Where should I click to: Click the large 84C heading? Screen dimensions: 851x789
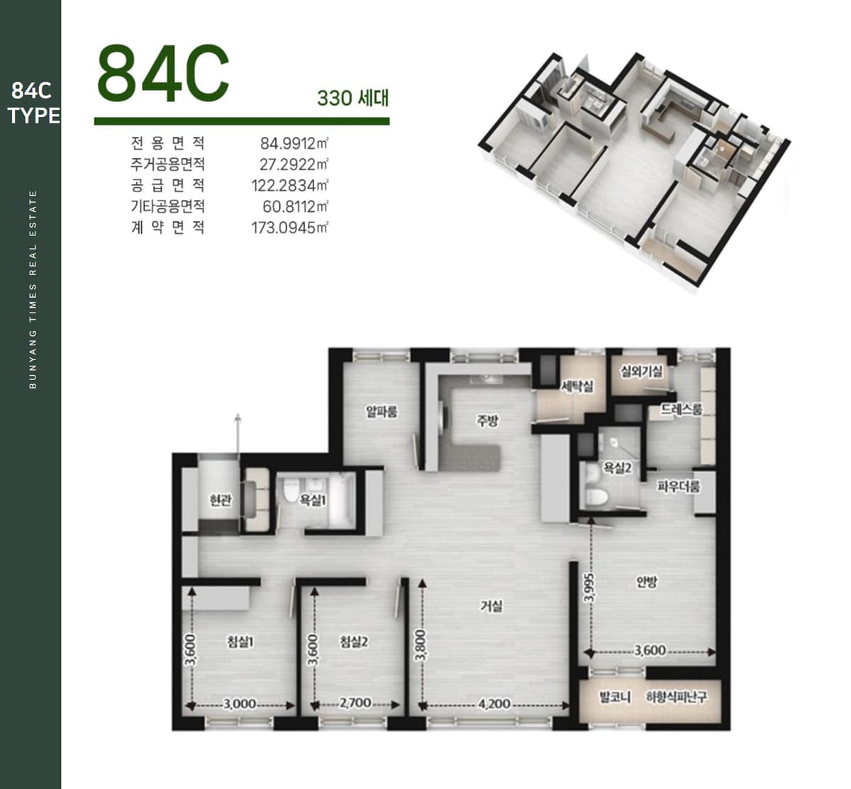pyautogui.click(x=163, y=73)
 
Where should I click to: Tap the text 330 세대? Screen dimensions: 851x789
pyautogui.click(x=353, y=98)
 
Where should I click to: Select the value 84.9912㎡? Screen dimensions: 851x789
pyautogui.click(x=294, y=143)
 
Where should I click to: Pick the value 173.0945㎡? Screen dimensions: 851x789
pyautogui.click(x=289, y=228)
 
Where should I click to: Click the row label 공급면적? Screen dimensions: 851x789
pyautogui.click(x=168, y=186)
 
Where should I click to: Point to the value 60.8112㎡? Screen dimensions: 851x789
pyautogui.click(x=295, y=207)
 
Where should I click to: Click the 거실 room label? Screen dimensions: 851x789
pyautogui.click(x=491, y=605)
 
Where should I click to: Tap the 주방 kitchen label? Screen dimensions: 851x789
pyautogui.click(x=488, y=420)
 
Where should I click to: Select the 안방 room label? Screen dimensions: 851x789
pyautogui.click(x=647, y=582)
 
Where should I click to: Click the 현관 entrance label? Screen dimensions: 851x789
pyautogui.click(x=221, y=500)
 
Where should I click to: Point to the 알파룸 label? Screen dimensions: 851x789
pyautogui.click(x=382, y=412)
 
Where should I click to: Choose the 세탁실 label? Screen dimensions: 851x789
pyautogui.click(x=578, y=386)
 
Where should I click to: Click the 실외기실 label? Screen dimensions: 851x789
pyautogui.click(x=642, y=371)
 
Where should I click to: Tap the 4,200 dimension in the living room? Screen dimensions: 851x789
pyautogui.click(x=494, y=704)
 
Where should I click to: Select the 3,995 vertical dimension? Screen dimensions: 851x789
pyautogui.click(x=590, y=588)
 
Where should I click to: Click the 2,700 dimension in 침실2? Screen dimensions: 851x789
pyautogui.click(x=355, y=703)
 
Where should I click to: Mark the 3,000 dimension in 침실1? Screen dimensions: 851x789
pyautogui.click(x=240, y=704)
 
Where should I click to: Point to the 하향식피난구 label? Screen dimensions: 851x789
pyautogui.click(x=677, y=698)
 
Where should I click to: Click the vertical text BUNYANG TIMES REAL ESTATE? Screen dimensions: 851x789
pyautogui.click(x=33, y=290)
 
